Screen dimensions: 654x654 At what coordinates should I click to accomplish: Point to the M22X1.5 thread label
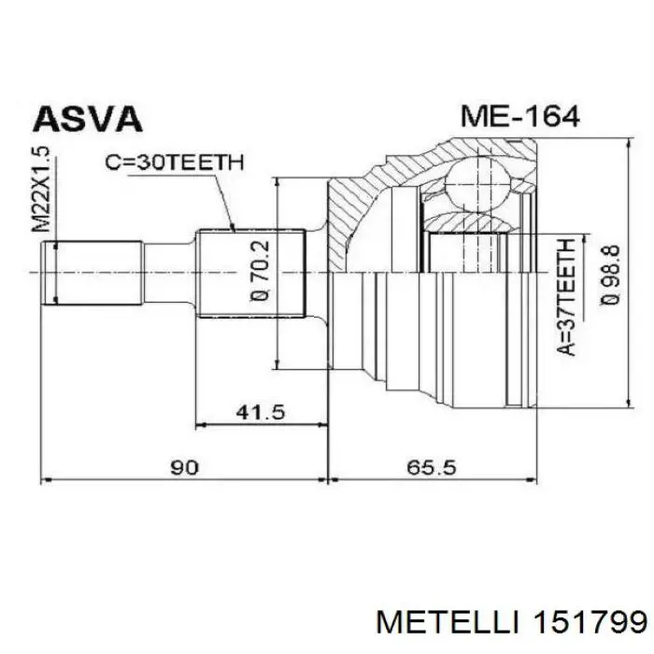[x=42, y=190]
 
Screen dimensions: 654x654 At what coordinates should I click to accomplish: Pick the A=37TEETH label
[x=564, y=297]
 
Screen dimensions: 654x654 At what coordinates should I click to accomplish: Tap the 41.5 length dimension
[x=263, y=411]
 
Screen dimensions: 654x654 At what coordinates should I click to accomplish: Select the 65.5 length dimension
[x=431, y=467]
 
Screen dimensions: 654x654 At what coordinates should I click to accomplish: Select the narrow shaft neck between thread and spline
[x=169, y=272]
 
